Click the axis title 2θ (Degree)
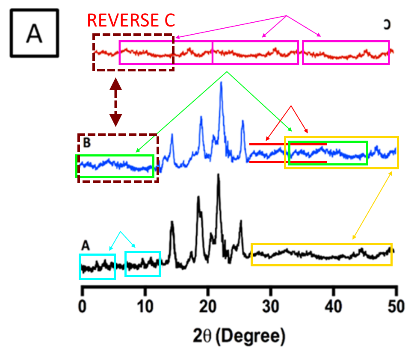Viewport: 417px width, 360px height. tap(238, 336)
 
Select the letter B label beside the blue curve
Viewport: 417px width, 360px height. tap(87, 143)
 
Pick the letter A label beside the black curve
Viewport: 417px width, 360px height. tap(86, 245)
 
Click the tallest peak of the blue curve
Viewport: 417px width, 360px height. tap(221, 83)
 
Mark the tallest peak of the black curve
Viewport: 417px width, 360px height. tap(219, 175)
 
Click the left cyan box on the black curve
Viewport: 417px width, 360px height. tap(98, 266)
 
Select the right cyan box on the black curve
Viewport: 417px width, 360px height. tap(142, 264)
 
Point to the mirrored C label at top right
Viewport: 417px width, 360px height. tap(387, 25)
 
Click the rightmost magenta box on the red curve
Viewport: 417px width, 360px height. tap(346, 52)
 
